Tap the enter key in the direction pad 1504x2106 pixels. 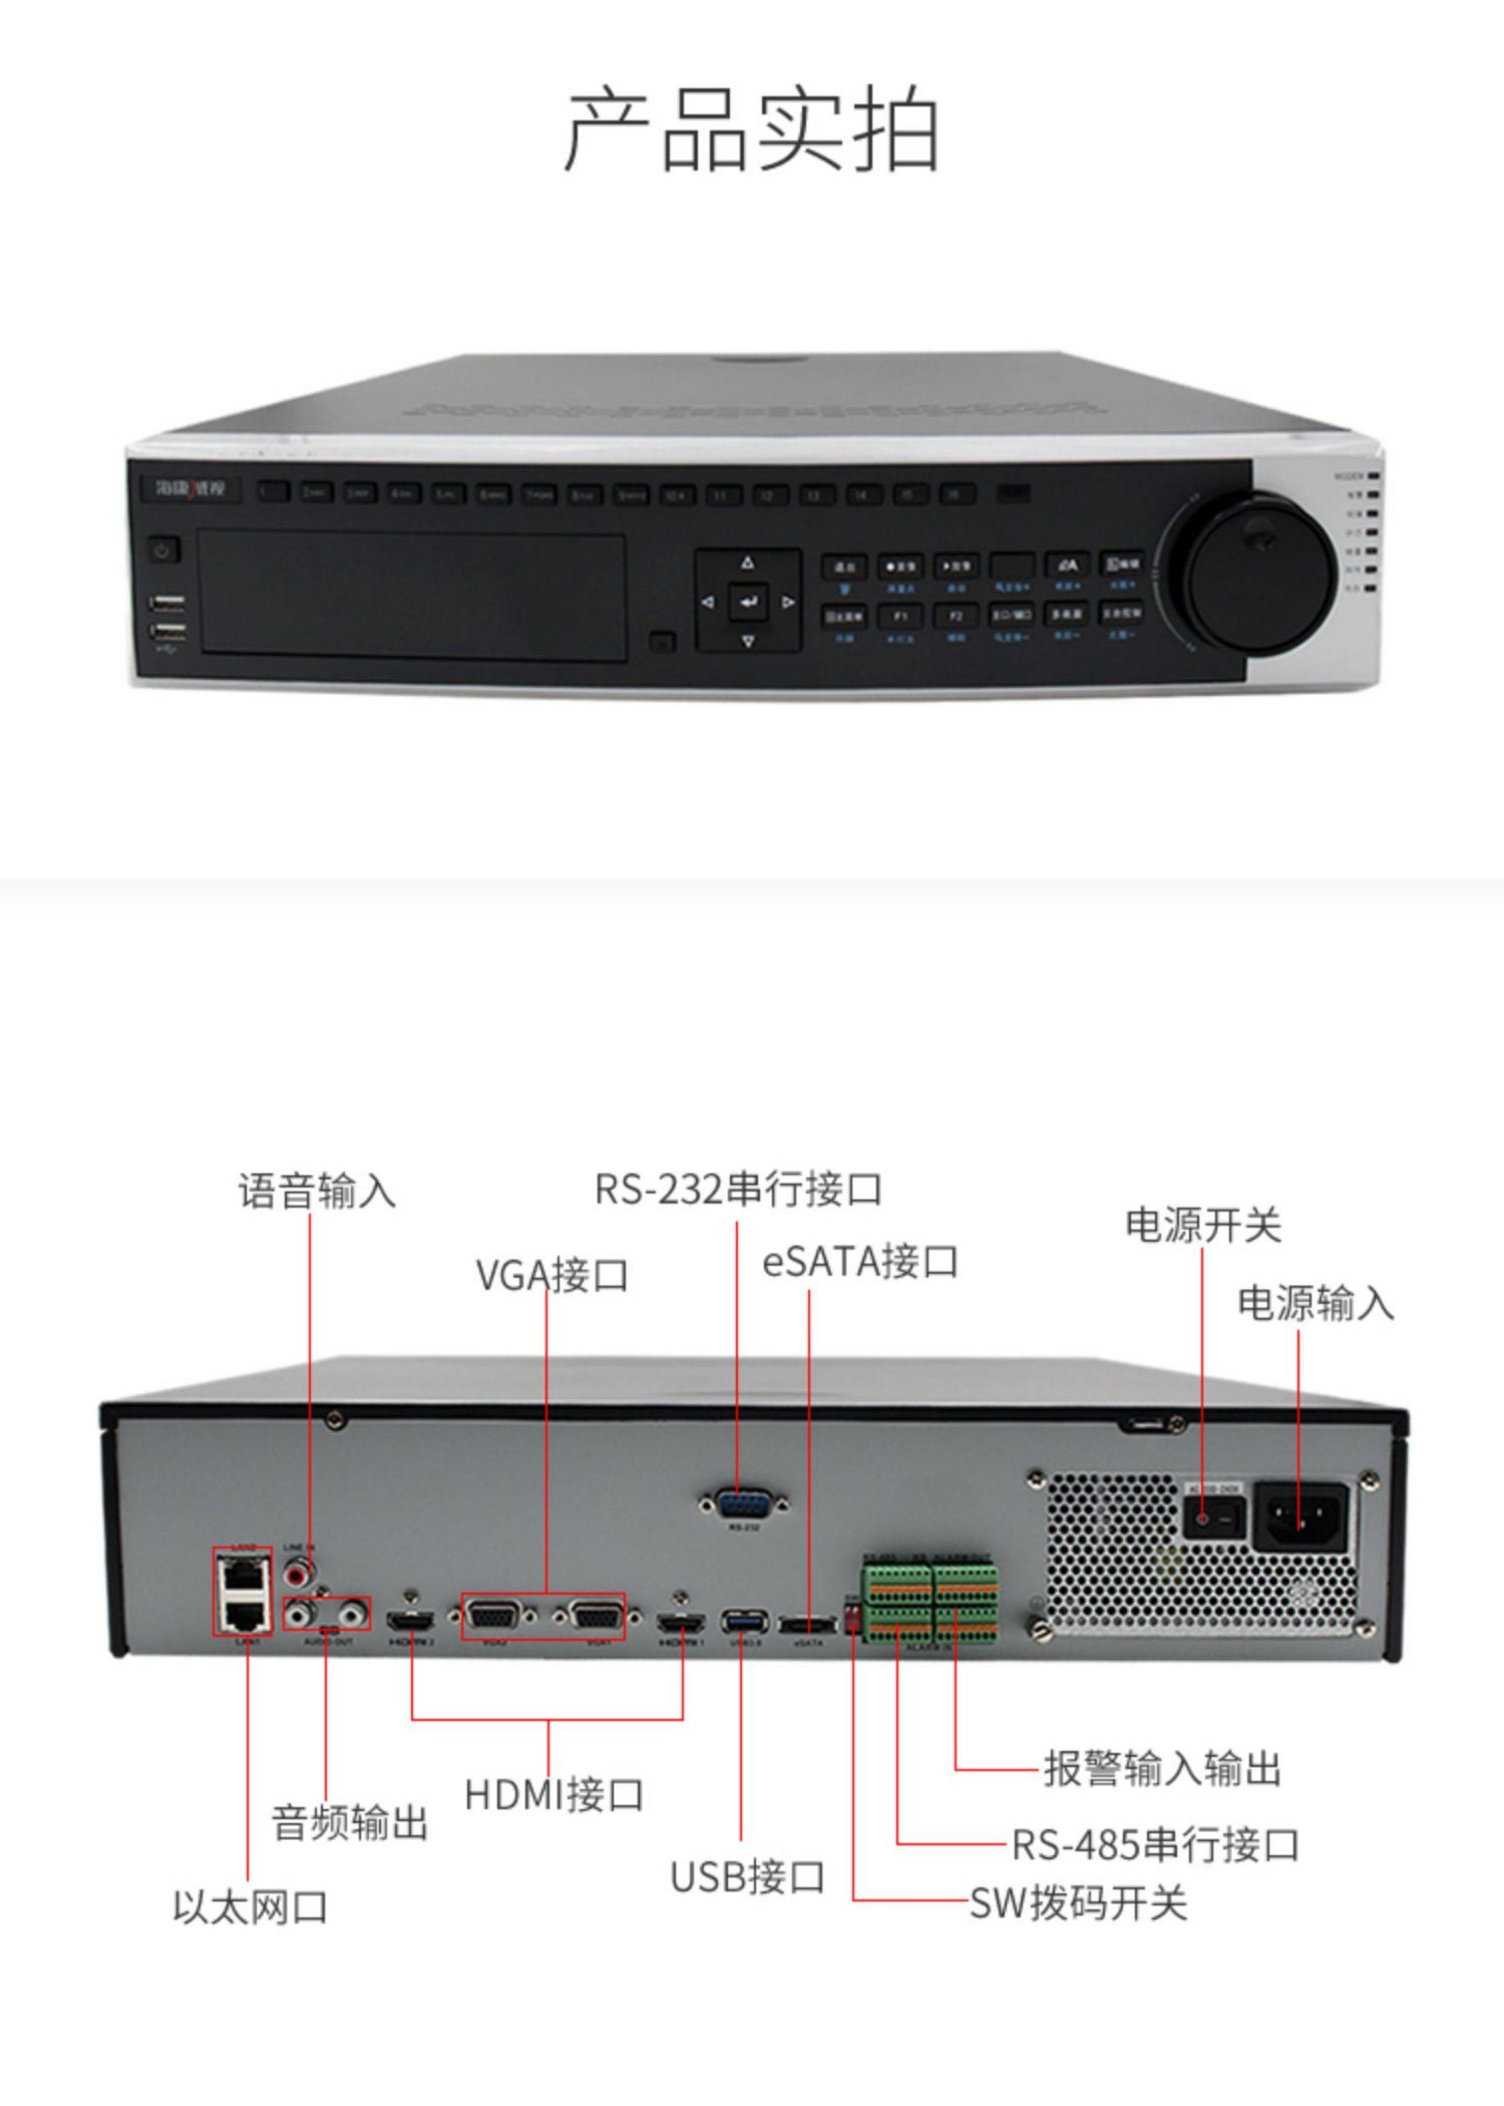coord(748,602)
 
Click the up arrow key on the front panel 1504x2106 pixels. coord(748,563)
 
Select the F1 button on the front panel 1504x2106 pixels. coord(899,615)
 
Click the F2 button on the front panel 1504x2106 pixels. coord(956,615)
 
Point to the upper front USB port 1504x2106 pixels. coord(167,605)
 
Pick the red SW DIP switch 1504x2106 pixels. coord(853,1618)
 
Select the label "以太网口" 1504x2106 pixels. coord(250,1908)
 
